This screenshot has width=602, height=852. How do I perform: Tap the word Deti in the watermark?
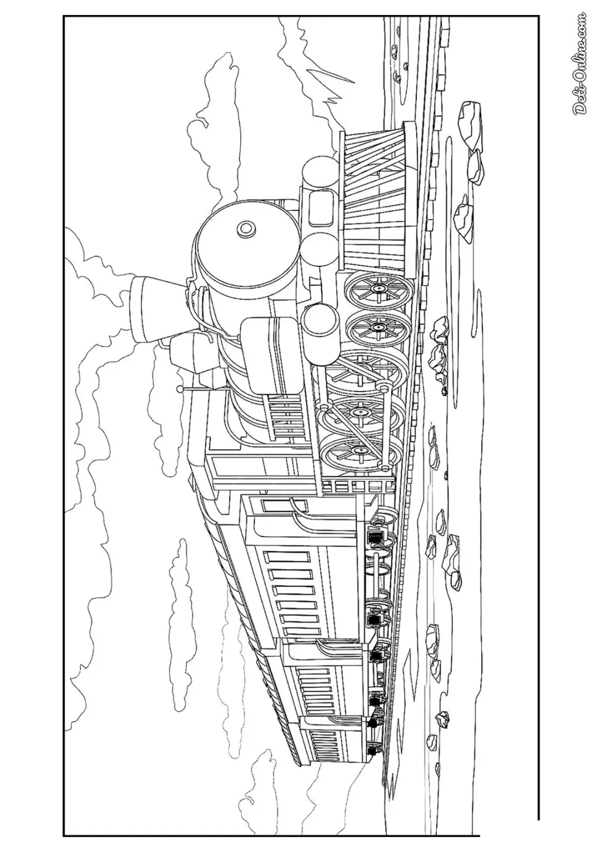(x=579, y=102)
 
